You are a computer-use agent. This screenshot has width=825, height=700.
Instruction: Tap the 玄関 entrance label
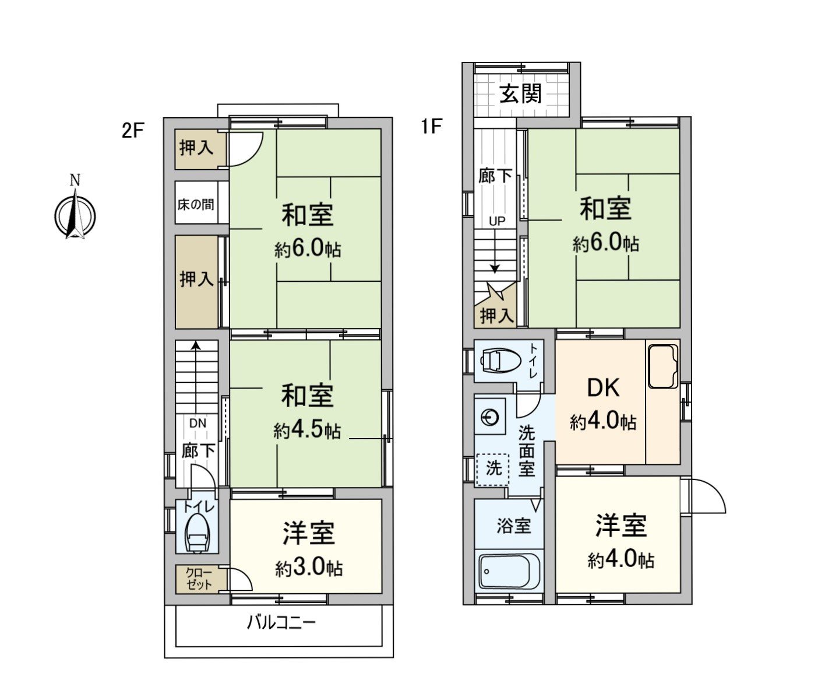(521, 93)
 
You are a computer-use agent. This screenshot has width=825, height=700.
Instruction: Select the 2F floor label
(132, 130)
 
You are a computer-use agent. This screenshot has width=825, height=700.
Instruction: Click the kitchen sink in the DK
(663, 366)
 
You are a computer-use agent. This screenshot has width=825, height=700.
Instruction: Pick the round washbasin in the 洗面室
(491, 417)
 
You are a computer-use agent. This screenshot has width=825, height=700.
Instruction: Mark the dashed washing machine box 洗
(493, 468)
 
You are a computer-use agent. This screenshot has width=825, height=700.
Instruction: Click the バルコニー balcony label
(281, 622)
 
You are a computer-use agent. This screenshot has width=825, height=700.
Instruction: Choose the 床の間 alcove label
(196, 204)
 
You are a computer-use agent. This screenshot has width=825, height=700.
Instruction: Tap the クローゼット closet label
(199, 579)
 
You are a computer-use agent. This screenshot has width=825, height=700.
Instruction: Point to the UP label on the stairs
(497, 221)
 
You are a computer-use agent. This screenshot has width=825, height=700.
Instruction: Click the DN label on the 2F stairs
(198, 423)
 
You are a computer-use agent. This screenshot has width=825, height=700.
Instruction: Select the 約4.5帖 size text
(307, 431)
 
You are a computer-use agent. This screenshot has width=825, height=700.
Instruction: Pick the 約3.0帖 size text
(309, 568)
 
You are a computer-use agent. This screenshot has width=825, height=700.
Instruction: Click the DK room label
(603, 388)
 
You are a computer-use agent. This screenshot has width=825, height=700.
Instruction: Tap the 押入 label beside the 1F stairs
(496, 316)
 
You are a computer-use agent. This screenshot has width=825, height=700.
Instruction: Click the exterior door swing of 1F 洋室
(707, 496)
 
